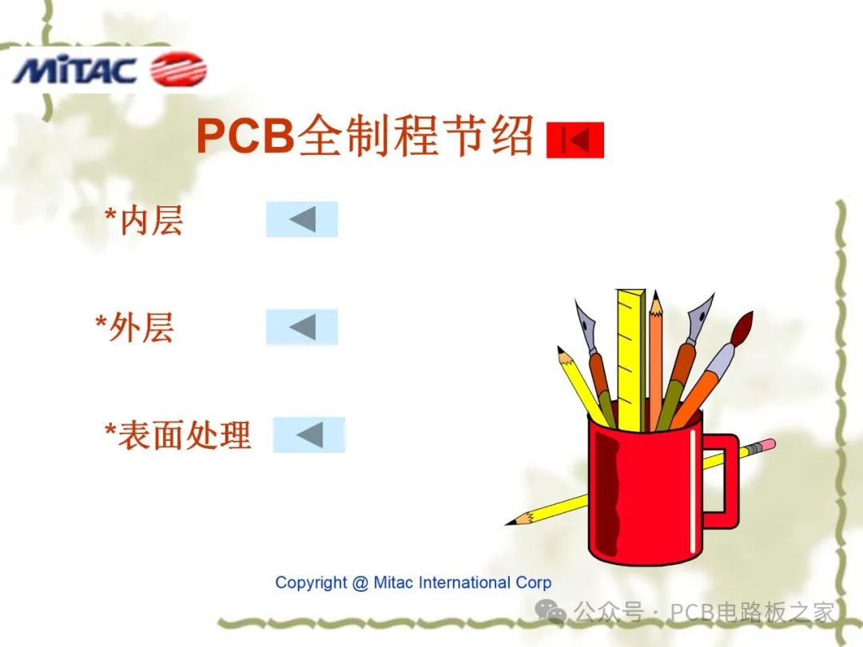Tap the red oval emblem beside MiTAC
[178, 69]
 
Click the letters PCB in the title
[245, 137]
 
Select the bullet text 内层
[151, 220]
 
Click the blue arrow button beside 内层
[302, 219]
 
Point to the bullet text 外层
[141, 327]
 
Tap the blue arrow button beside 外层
[302, 327]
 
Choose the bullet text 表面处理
[185, 435]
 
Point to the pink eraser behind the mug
[766, 444]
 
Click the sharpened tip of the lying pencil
[512, 522]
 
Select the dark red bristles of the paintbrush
[742, 326]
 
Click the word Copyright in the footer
[311, 583]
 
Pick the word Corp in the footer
[533, 583]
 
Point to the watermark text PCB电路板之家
[752, 613]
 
